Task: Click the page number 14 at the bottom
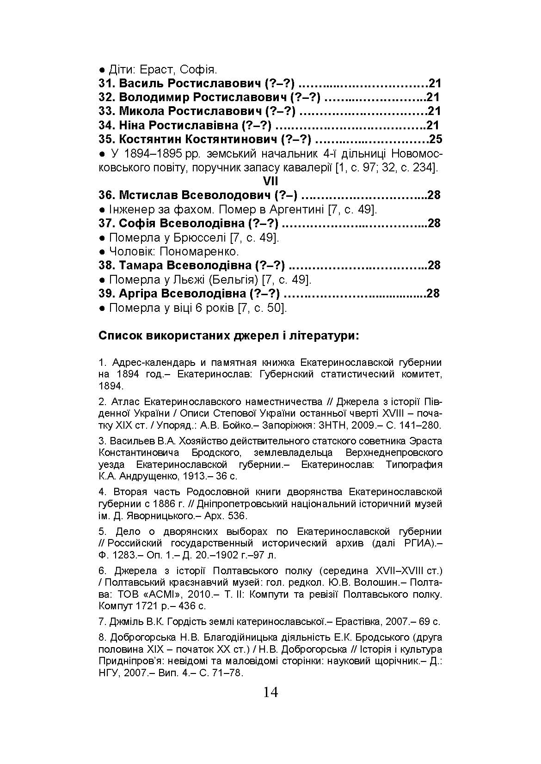pyautogui.click(x=270, y=692)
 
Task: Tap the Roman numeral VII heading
pyautogui.click(x=270, y=181)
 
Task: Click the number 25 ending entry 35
pyautogui.click(x=436, y=139)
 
